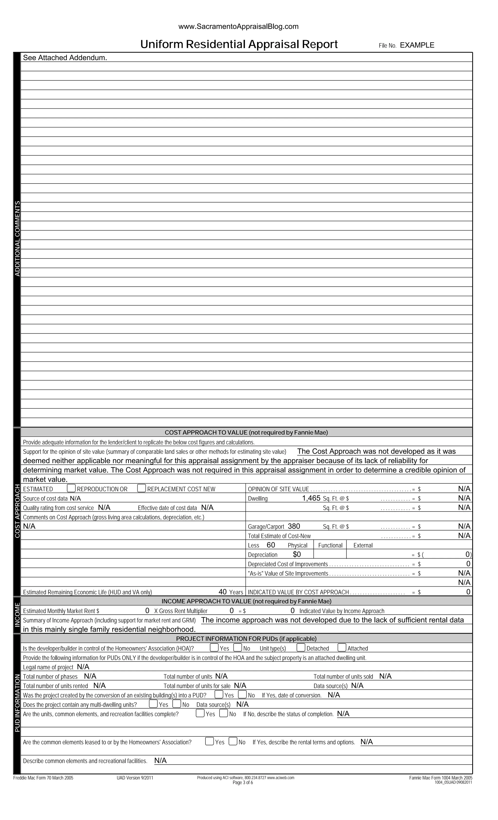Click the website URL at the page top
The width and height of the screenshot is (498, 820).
(238, 26)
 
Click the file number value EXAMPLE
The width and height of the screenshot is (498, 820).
(417, 45)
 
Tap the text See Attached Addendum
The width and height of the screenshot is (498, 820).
(65, 58)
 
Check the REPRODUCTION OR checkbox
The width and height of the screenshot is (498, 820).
(71, 488)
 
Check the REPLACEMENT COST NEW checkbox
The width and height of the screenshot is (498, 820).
(142, 488)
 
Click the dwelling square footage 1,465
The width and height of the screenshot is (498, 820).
(311, 498)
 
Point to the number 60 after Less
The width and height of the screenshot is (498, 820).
(271, 545)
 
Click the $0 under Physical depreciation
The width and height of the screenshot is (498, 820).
(297, 554)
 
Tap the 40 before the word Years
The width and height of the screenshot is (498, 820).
(222, 591)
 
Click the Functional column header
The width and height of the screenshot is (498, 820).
(330, 545)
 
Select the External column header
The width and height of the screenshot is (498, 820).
(363, 545)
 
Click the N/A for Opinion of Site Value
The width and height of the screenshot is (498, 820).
(464, 489)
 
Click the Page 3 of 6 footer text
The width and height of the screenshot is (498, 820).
(243, 782)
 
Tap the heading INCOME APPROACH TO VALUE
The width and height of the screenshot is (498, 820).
(246, 601)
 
